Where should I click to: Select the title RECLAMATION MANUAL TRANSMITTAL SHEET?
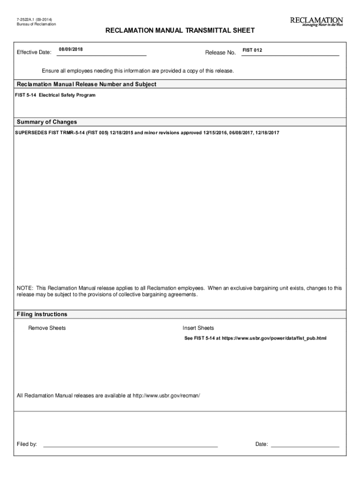pos(180,30)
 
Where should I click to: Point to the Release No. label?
pos(220,52)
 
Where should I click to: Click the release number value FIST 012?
pos(252,50)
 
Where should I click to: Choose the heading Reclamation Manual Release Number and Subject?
pos(86,84)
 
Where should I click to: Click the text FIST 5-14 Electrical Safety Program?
pos(55,95)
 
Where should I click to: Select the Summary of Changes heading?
pos(47,122)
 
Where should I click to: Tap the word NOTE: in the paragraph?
pos(25,288)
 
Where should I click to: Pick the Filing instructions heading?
pos(42,314)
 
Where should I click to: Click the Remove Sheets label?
pos(47,328)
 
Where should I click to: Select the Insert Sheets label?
pos(198,328)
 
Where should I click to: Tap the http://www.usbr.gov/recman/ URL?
pos(166,396)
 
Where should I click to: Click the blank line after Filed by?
pos(130,444)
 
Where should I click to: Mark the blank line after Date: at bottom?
pos(305,444)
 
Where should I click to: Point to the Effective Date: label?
pos(34,52)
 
